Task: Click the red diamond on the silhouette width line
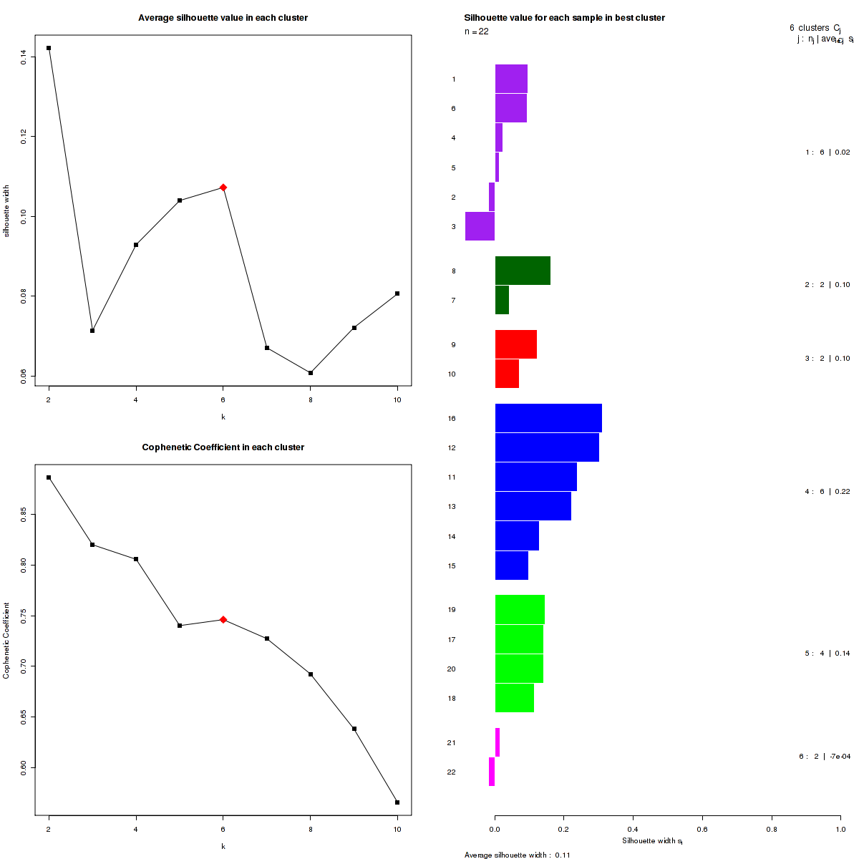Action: click(x=223, y=188)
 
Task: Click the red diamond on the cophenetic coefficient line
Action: click(x=223, y=620)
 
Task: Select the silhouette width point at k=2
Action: click(x=49, y=48)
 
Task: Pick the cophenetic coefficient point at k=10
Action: click(x=397, y=802)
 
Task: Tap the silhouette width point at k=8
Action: click(x=310, y=373)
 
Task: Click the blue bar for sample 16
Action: click(x=548, y=418)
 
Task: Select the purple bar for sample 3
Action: click(x=480, y=226)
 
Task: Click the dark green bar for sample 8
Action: click(x=523, y=271)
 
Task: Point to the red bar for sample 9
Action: click(x=516, y=344)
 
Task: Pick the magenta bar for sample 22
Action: click(x=492, y=772)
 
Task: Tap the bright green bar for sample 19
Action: click(x=520, y=610)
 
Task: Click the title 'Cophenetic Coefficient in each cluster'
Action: click(x=223, y=447)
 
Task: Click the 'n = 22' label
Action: click(x=477, y=31)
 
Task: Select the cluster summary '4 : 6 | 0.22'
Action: click(x=828, y=492)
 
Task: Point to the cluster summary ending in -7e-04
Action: click(x=825, y=757)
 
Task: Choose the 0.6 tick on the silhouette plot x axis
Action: click(x=702, y=829)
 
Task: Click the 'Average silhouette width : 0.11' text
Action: click(x=517, y=855)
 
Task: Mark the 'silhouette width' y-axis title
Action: click(x=7, y=210)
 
